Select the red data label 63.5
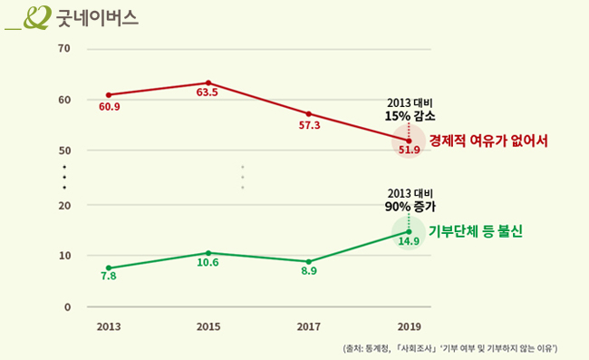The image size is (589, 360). [x=208, y=93]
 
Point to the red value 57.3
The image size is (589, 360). [x=309, y=125]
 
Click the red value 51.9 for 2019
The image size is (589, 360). [x=409, y=150]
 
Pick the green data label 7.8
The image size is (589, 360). [x=109, y=276]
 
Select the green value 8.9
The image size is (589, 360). [x=309, y=271]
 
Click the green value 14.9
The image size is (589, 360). [x=409, y=241]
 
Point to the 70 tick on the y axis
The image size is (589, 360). [x=64, y=47]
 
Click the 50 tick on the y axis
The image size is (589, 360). [x=64, y=151]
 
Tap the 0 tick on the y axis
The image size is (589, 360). [x=67, y=307]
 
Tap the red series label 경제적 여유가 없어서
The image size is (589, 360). [x=489, y=141]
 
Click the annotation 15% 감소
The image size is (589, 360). [x=410, y=117]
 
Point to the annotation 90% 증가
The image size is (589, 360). [x=410, y=207]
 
